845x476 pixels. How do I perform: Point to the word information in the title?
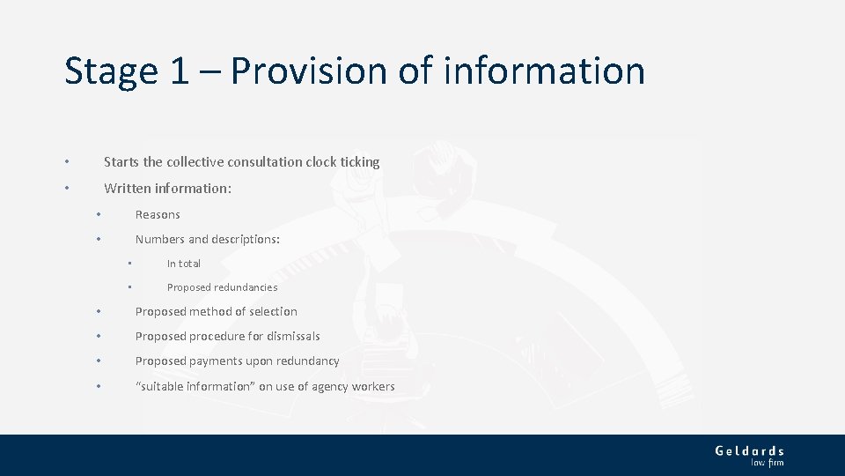[x=544, y=71]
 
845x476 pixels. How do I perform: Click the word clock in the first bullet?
[x=321, y=162]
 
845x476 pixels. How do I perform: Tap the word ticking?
[x=361, y=162]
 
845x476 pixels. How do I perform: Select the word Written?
[x=128, y=188]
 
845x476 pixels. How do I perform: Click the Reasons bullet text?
[x=158, y=214]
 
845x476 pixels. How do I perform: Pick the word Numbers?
[x=159, y=239]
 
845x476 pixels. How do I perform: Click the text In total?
[x=184, y=264]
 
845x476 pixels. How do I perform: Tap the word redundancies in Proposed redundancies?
[x=246, y=287]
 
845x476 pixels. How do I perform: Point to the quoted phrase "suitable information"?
[x=195, y=386]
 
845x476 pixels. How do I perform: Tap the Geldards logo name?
[x=749, y=450]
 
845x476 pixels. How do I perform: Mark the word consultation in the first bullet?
[x=265, y=162]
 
